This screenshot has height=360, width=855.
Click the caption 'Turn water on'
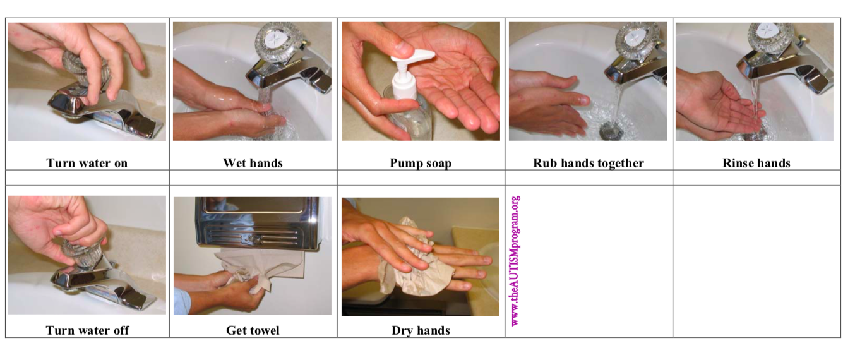[x=87, y=163]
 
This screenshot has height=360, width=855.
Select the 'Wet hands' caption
[x=253, y=163]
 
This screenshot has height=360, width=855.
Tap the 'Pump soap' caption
[x=421, y=163]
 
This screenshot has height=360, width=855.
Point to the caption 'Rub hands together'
[x=588, y=163]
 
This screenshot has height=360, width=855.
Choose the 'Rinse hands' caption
[x=756, y=163]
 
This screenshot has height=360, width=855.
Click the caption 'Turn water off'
[x=87, y=330]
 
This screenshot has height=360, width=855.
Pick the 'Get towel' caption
[x=253, y=330]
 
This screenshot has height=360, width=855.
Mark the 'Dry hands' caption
[x=421, y=330]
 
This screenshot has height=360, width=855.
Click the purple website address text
[x=515, y=261]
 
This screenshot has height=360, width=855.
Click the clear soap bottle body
[x=409, y=114]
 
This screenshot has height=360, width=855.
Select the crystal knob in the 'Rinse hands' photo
[x=770, y=37]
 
